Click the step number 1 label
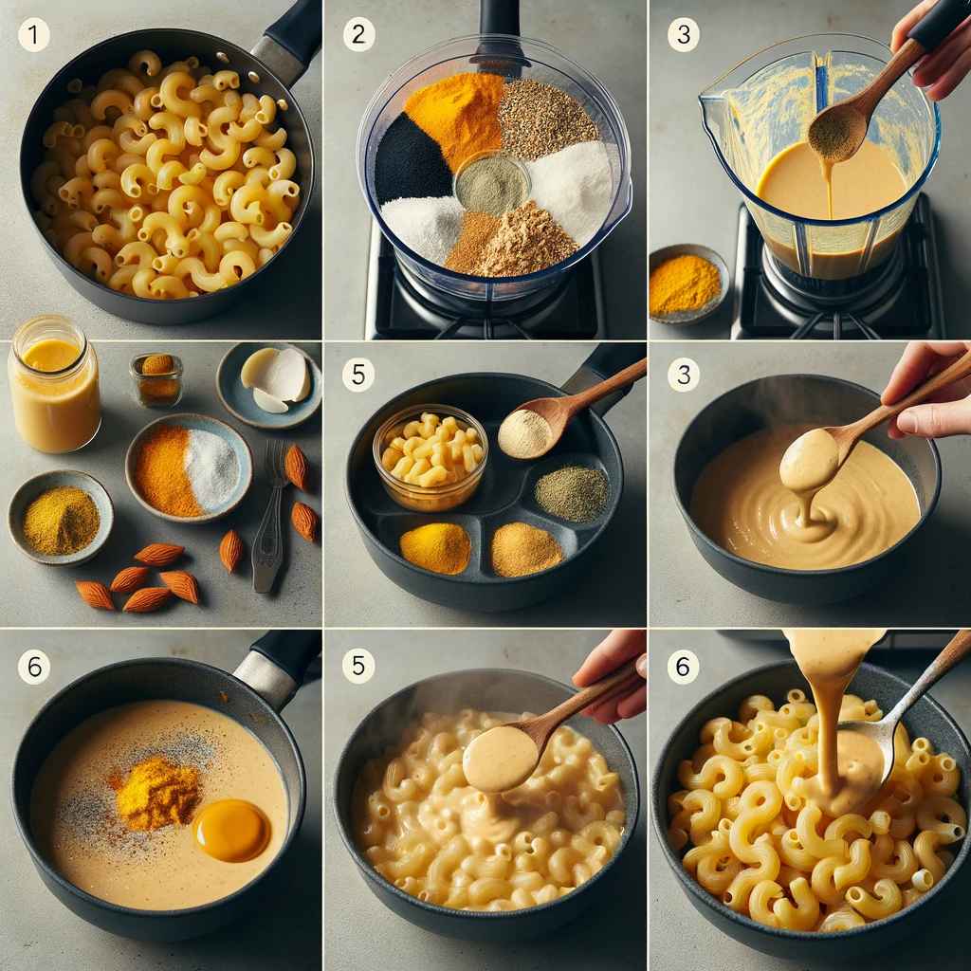[x=33, y=34]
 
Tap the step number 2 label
[x=358, y=34]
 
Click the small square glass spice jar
[x=156, y=379]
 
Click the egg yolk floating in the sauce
[x=231, y=830]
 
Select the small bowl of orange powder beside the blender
[x=687, y=284]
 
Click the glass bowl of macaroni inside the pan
[x=431, y=456]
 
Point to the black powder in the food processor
[x=411, y=160]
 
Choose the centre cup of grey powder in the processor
[x=492, y=183]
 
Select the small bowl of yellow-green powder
[x=61, y=517]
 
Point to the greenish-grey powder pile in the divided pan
[x=572, y=493]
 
